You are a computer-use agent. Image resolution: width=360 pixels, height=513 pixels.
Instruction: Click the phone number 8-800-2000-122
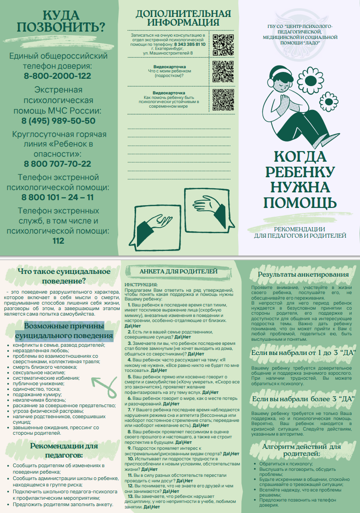coord(58,76)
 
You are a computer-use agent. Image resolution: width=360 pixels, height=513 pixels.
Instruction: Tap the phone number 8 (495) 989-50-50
coord(58,121)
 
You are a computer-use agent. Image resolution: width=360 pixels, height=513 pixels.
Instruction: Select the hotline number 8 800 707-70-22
coord(58,164)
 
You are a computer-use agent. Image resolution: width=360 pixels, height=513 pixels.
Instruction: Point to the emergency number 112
coord(58,241)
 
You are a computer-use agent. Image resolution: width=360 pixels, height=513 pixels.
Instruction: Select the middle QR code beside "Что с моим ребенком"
coord(224,71)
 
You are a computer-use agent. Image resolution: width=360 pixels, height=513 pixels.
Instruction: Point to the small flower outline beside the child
coord(327,101)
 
